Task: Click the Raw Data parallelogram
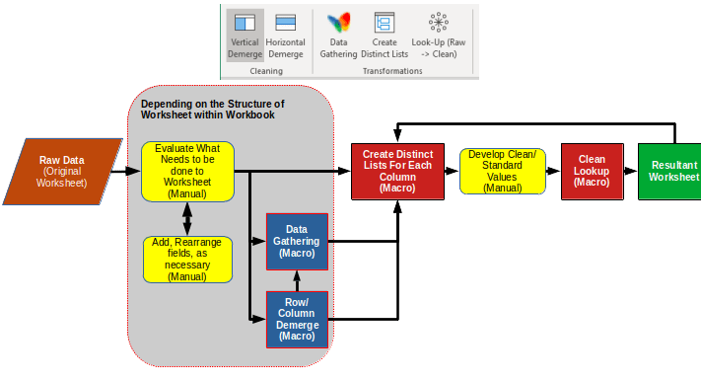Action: tap(62, 171)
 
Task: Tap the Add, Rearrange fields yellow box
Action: tap(187, 259)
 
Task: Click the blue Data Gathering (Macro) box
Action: tap(297, 242)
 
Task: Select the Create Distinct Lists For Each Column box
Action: tap(396, 171)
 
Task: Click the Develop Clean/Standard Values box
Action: tap(502, 171)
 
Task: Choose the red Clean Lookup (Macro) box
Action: tap(592, 171)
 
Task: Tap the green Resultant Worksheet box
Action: tap(673, 171)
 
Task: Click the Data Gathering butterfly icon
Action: tap(338, 24)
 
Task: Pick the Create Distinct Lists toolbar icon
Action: tap(385, 24)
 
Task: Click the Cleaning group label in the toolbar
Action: tap(265, 71)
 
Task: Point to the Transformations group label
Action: tap(391, 71)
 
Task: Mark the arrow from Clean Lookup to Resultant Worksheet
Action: tap(630, 172)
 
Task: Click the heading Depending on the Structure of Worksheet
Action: tap(212, 109)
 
